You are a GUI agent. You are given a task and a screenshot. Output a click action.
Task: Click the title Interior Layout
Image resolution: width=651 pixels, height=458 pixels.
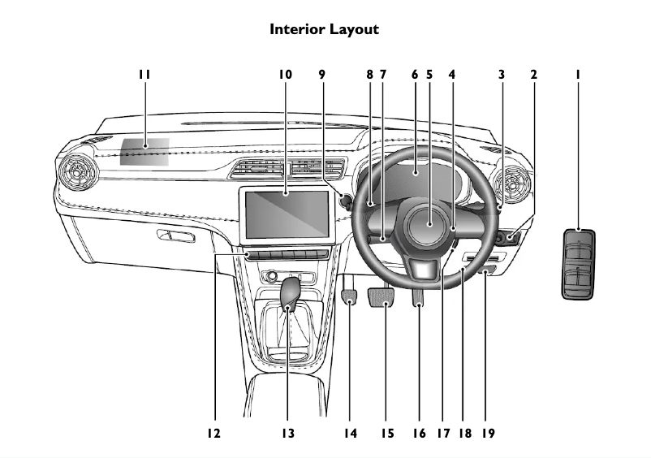click(324, 29)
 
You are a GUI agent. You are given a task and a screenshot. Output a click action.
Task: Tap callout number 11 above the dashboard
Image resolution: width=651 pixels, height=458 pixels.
click(144, 74)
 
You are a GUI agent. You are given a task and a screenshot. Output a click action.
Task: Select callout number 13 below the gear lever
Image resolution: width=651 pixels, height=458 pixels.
click(288, 434)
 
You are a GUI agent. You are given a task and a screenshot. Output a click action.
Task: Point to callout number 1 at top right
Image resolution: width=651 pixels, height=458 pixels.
click(578, 74)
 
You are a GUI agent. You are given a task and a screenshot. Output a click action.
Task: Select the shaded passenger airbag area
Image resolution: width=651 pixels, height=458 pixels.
click(145, 151)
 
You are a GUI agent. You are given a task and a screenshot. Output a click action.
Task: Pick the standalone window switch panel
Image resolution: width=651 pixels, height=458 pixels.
click(578, 265)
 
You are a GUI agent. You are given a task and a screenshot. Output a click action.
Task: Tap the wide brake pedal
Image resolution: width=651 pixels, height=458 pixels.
click(382, 299)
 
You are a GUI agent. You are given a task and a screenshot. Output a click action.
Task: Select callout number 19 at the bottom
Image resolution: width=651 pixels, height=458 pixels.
click(488, 434)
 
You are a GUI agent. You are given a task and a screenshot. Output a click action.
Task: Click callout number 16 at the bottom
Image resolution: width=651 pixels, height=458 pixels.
click(419, 434)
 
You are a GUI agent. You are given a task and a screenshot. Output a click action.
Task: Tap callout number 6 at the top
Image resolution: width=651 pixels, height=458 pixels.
click(415, 74)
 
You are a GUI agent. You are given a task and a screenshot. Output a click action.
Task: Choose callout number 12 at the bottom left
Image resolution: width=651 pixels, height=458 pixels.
click(213, 434)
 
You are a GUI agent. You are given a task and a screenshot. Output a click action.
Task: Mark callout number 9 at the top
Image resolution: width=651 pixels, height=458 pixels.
click(321, 74)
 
